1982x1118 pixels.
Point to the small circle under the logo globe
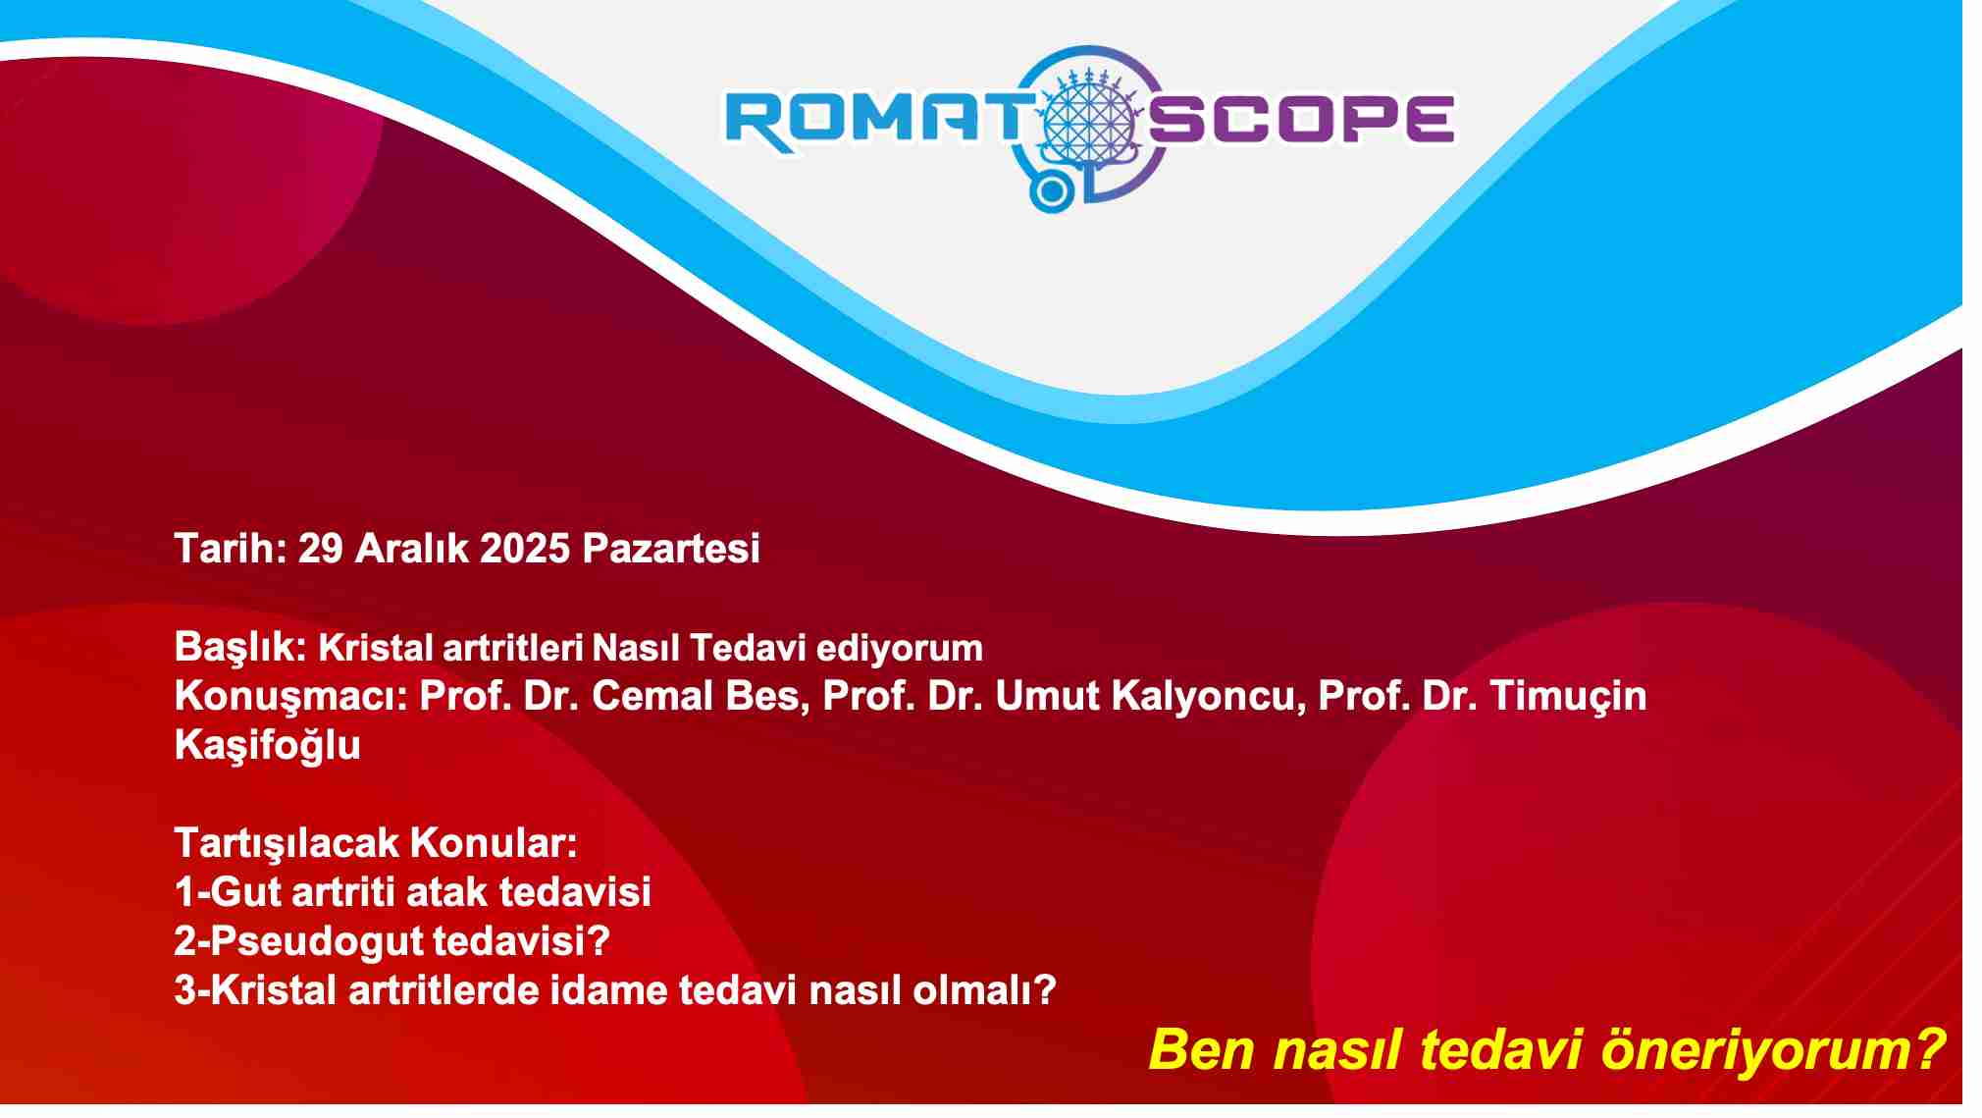coord(1051,191)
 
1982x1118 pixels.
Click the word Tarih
coord(230,548)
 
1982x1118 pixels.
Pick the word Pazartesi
coord(671,548)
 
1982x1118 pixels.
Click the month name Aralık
coord(412,548)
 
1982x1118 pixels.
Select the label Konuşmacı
coord(291,697)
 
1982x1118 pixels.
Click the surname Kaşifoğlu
coord(268,746)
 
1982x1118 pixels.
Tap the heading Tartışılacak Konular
coord(377,844)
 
